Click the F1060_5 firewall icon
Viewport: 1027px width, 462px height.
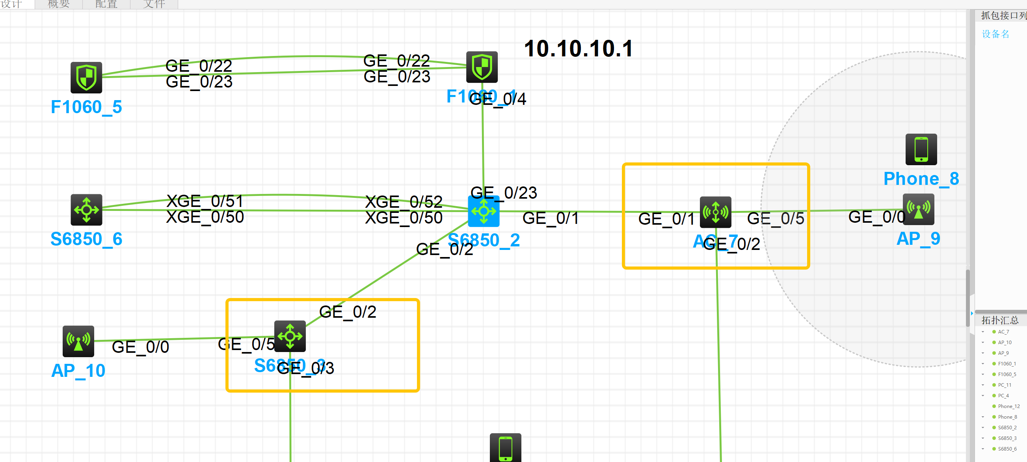pos(86,77)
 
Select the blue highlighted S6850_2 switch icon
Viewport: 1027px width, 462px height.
pos(483,211)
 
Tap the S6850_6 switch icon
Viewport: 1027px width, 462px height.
pos(86,210)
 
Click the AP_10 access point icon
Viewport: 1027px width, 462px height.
pos(78,341)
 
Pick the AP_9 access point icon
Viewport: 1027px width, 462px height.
pos(918,209)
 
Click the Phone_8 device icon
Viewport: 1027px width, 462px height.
pos(921,149)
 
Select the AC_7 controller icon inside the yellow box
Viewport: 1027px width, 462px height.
pos(715,212)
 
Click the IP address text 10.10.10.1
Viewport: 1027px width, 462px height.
pos(578,48)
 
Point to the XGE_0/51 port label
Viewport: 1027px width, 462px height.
pos(205,201)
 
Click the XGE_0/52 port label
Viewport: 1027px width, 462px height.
pos(404,202)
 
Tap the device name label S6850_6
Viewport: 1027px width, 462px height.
pos(86,239)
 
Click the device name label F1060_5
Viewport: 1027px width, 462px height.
pos(86,107)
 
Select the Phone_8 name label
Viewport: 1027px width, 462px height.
pos(921,179)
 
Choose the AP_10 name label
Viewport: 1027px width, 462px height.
pos(78,371)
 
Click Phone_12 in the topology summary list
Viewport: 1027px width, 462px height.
pos(1008,406)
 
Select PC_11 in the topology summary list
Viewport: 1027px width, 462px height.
pos(1004,385)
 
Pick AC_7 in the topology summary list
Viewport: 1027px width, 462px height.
pos(1003,332)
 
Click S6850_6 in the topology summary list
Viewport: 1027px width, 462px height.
pos(1007,449)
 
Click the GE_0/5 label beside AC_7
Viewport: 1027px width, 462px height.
pos(776,218)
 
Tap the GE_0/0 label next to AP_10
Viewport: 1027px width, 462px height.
pos(140,347)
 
